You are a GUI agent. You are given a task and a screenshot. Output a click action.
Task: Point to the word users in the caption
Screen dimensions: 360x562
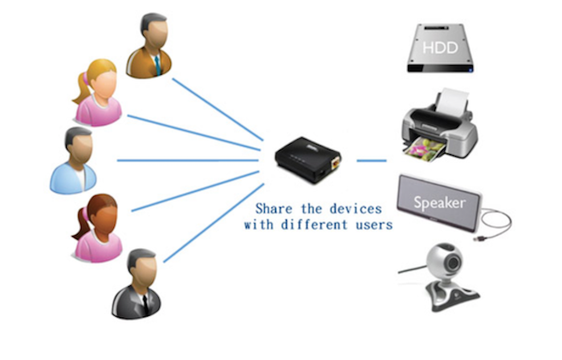[373, 225]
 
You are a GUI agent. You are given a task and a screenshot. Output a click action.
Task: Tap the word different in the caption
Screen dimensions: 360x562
[316, 225]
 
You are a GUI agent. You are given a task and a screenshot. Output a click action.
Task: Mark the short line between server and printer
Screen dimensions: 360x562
[371, 160]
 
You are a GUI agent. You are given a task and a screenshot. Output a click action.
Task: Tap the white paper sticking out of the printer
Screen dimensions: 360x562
[454, 100]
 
